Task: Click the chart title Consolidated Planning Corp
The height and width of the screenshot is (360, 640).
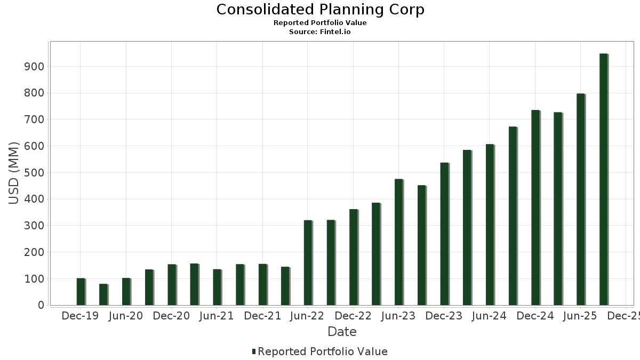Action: (x=320, y=10)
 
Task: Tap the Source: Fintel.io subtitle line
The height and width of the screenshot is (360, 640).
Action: (x=320, y=32)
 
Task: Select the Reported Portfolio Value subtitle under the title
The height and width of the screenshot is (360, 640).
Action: (x=320, y=23)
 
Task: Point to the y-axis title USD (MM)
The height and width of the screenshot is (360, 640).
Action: (x=14, y=173)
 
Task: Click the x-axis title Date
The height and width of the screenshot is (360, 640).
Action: (x=342, y=332)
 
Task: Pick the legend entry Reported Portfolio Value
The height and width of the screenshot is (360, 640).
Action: (x=322, y=351)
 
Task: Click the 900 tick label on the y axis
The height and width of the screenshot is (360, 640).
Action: (x=33, y=67)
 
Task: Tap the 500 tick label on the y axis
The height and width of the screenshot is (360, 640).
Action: (x=33, y=173)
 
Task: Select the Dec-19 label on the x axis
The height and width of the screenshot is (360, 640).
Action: (x=80, y=316)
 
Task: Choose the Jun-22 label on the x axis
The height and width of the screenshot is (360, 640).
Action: (x=308, y=316)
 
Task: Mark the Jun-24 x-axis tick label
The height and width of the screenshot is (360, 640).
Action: (x=490, y=316)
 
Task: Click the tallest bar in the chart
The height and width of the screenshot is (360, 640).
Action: (x=604, y=179)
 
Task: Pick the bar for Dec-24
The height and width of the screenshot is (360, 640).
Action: (x=535, y=208)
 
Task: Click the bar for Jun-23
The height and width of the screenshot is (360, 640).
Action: (x=399, y=242)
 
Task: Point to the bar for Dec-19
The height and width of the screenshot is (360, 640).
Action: (x=81, y=292)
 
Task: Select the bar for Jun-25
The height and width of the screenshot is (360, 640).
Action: (x=581, y=199)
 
